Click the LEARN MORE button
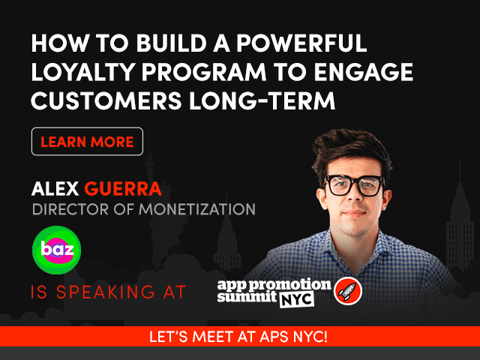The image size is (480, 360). coord(87,142)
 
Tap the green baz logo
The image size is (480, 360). coord(57,250)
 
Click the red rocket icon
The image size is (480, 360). coord(348,290)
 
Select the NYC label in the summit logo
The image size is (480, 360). coord(297,299)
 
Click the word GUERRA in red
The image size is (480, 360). coord(123,188)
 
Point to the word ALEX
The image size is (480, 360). coord(55,188)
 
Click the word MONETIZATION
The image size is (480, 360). coord(197,210)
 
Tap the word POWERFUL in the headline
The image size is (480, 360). coord(301,43)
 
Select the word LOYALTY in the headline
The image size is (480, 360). coord(83,72)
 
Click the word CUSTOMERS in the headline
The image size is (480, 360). coord(106,100)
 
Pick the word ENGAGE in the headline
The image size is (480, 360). coord(364,72)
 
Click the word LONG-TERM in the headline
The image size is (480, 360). coord(262,100)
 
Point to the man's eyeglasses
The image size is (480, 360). coord(355,184)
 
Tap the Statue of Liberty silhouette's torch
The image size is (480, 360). coord(149,159)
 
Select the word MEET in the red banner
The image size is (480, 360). coord(213,337)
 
